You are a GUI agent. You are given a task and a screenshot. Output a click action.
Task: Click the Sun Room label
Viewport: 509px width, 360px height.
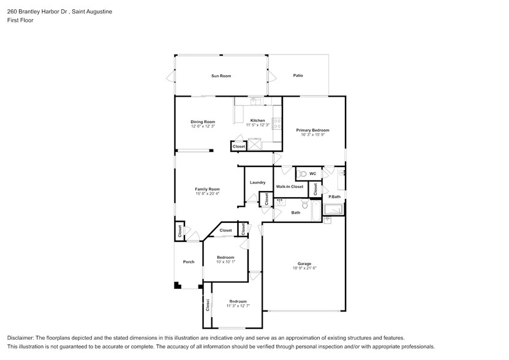221,76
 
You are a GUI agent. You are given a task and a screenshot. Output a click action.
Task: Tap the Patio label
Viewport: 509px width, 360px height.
298,76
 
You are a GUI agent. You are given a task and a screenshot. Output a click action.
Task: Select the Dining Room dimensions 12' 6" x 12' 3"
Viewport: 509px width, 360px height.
203,126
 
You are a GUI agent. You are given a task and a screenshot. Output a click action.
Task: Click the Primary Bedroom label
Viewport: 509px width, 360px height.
312,130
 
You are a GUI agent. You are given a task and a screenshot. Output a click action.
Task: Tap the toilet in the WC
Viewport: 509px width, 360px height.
303,174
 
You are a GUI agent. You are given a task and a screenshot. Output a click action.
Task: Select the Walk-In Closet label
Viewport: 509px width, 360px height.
289,186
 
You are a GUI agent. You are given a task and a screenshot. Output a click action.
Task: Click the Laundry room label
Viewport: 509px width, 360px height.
257,182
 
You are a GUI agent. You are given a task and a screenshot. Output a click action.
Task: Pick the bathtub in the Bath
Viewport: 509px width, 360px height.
314,212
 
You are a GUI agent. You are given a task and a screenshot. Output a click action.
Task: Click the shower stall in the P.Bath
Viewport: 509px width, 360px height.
334,209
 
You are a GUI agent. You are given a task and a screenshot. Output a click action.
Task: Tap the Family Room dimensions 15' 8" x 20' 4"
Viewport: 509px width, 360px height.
207,194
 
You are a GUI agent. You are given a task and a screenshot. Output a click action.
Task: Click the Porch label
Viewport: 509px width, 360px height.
189,262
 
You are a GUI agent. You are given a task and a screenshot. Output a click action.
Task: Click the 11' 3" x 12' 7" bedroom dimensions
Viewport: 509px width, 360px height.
238,306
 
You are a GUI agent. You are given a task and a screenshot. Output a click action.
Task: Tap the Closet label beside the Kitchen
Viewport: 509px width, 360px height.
238,146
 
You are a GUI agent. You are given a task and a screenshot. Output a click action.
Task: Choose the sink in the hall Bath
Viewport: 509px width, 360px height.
281,201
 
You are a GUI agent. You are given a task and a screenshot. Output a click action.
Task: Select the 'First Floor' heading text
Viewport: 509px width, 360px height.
20,20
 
